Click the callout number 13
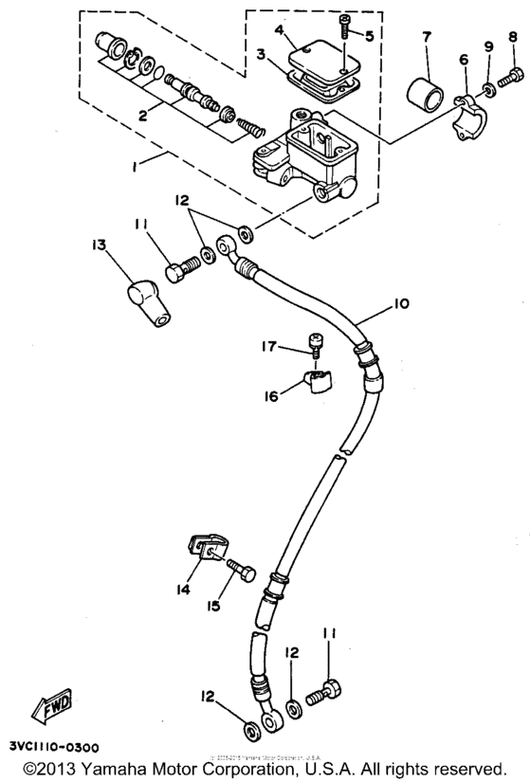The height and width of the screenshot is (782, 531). [x=99, y=245]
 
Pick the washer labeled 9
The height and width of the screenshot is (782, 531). [x=487, y=90]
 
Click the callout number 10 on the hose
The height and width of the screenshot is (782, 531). [x=401, y=304]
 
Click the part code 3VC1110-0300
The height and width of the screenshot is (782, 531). [x=49, y=747]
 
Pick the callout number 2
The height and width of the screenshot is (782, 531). [x=142, y=116]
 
